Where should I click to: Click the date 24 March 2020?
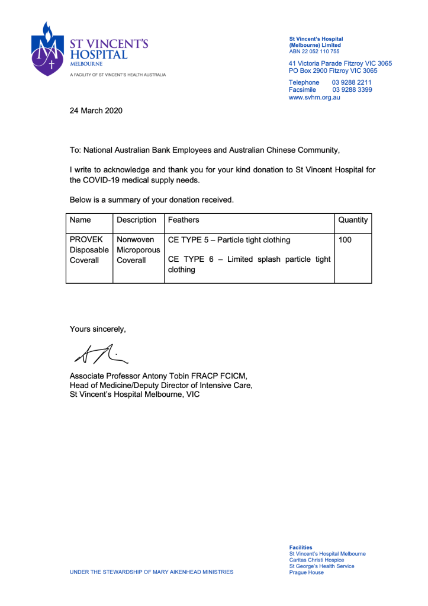pos(96,110)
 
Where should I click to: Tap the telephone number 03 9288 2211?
pos(352,82)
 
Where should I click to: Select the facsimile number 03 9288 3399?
pos(352,90)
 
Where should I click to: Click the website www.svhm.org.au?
pos(314,98)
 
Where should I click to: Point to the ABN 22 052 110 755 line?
pos(314,52)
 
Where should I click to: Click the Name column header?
pos(81,220)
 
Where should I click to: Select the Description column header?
pos(136,220)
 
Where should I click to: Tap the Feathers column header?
pos(184,220)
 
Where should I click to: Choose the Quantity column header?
pos(353,220)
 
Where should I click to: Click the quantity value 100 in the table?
pos(345,240)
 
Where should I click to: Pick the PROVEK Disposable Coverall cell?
pos(89,250)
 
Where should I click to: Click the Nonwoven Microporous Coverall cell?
pos(138,250)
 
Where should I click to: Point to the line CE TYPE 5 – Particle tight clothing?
pos(229,240)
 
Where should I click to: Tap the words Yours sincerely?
pos(98,329)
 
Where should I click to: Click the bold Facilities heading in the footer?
pos(301,547)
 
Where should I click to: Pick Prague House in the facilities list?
pos(306,572)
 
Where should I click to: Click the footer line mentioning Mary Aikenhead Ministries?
pos(152,572)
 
